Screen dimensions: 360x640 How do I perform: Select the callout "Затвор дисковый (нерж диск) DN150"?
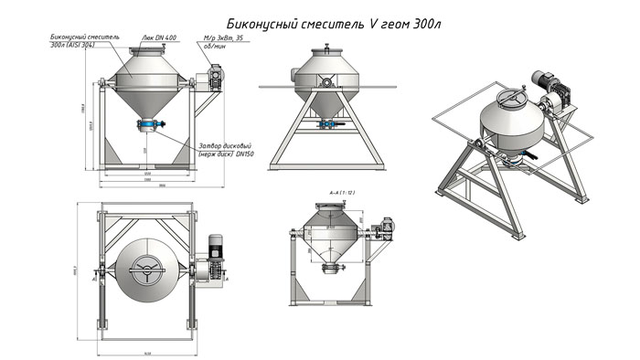pyautogui.click(x=225, y=151)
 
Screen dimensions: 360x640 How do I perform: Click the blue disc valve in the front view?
pyautogui.click(x=150, y=124)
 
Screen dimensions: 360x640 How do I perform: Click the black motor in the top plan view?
pyautogui.click(x=216, y=246)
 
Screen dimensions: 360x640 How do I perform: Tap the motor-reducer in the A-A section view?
pyautogui.click(x=385, y=225)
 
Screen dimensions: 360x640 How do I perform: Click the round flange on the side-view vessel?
pyautogui.click(x=325, y=82)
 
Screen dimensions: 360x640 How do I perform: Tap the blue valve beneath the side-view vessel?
pyautogui.click(x=326, y=122)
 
